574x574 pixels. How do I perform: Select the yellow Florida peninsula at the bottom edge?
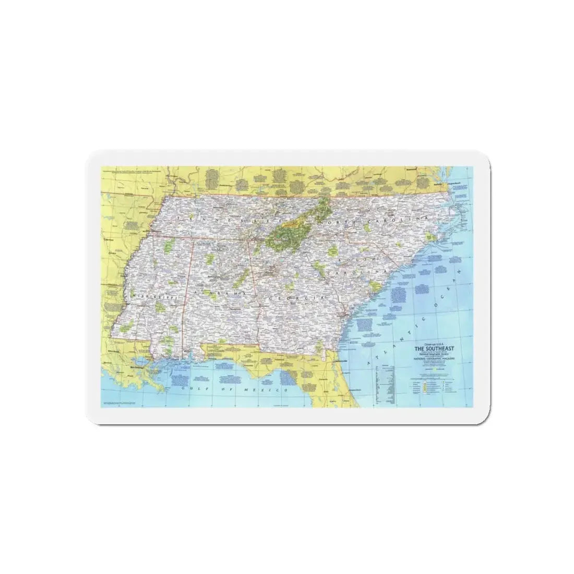tap(344, 389)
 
